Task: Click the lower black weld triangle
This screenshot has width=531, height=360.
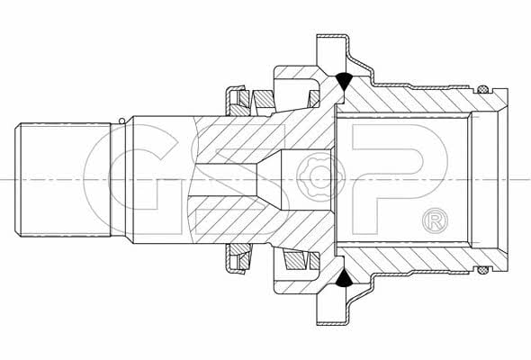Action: [344, 280]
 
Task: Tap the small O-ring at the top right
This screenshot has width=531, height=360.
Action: [482, 90]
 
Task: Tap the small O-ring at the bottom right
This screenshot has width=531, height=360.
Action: [482, 270]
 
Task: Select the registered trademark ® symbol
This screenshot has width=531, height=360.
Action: [436, 220]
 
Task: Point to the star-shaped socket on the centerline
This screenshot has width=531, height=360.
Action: [317, 176]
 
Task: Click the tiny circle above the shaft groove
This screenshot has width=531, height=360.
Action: [121, 121]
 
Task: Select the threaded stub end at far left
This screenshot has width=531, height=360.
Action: [63, 179]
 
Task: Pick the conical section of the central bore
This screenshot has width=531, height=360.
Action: [269, 179]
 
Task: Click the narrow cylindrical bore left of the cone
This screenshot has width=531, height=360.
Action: [226, 179]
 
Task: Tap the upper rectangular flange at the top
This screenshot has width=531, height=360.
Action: [331, 50]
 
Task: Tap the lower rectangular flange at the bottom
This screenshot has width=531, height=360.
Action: [331, 310]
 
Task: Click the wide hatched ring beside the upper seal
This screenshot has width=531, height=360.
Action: [263, 99]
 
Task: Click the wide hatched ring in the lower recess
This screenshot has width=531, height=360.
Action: [293, 261]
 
